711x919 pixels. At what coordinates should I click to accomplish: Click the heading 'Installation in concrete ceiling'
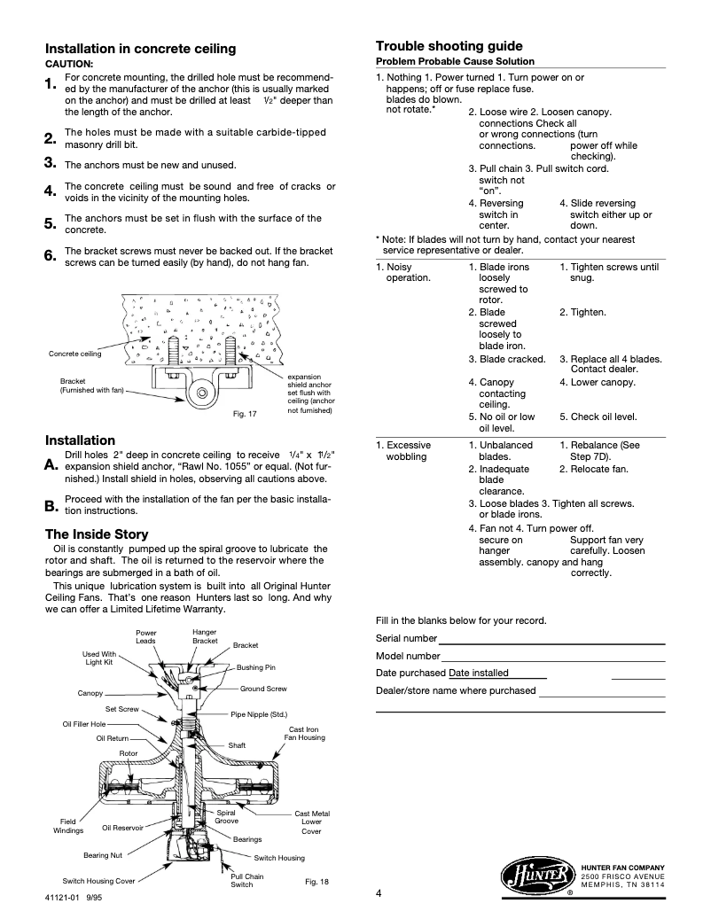[140, 49]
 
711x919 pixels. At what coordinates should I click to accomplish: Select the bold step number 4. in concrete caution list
[51, 191]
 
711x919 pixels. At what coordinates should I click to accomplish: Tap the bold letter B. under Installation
[51, 506]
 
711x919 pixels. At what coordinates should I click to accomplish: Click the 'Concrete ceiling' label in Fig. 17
[74, 354]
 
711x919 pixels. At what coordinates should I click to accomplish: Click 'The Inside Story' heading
[97, 534]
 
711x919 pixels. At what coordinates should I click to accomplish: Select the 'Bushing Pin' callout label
[256, 667]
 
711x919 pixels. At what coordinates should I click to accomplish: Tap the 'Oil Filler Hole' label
[84, 723]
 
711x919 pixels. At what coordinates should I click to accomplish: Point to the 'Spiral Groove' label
[227, 816]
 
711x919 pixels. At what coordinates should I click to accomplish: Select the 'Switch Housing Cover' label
[98, 881]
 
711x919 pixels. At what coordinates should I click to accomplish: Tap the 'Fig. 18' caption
[316, 881]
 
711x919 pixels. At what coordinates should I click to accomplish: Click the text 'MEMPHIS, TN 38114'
[623, 884]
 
